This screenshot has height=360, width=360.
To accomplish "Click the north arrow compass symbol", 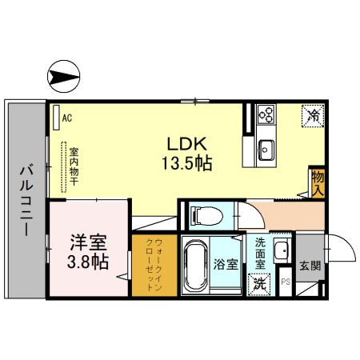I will [x=63, y=78].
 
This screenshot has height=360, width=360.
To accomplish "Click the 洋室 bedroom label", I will [x=87, y=242].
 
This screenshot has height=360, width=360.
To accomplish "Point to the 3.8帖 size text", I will [x=87, y=262].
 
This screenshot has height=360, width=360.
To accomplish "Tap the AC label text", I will [x=67, y=118].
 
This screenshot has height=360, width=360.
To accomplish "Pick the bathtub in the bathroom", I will [x=194, y=267].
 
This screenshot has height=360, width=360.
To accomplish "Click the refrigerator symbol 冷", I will [x=312, y=116].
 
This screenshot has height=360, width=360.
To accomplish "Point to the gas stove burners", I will [x=266, y=118].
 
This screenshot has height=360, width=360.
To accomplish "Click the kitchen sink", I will [x=266, y=149].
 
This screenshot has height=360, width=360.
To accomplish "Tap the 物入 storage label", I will [x=318, y=182].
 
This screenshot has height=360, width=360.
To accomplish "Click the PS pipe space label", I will [x=285, y=282].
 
